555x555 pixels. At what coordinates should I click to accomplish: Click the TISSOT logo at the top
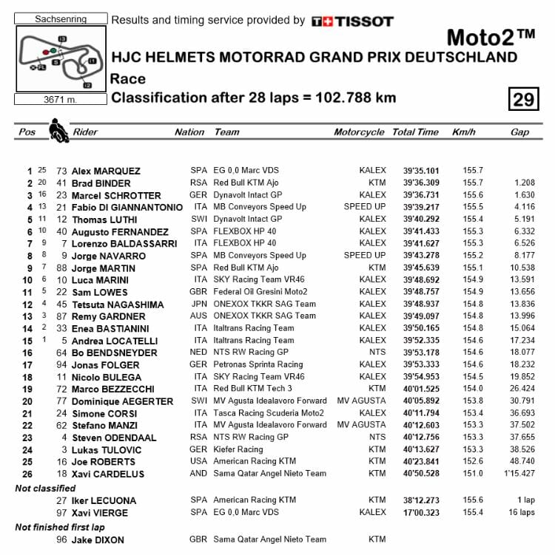click(x=352, y=21)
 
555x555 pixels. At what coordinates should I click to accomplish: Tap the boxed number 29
click(x=524, y=98)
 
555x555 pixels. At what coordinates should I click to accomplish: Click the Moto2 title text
click(x=491, y=38)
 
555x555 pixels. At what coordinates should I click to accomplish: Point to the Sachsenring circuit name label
click(x=61, y=18)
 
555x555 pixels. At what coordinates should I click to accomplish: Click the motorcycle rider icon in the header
click(x=56, y=131)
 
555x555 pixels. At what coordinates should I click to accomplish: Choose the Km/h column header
click(x=464, y=132)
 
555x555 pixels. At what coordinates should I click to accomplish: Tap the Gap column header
click(x=519, y=132)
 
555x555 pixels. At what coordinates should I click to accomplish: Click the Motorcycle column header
click(x=359, y=132)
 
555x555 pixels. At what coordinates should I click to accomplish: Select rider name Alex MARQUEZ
click(x=107, y=171)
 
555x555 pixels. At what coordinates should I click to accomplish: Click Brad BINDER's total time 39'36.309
click(x=421, y=183)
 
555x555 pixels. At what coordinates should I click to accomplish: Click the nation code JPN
click(x=199, y=304)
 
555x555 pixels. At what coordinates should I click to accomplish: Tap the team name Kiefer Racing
click(x=238, y=449)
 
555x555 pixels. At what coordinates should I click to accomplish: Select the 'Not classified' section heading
click(x=45, y=488)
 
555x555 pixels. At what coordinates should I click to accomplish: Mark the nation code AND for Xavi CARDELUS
click(x=199, y=474)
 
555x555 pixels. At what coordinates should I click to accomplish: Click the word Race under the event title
click(x=127, y=79)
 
